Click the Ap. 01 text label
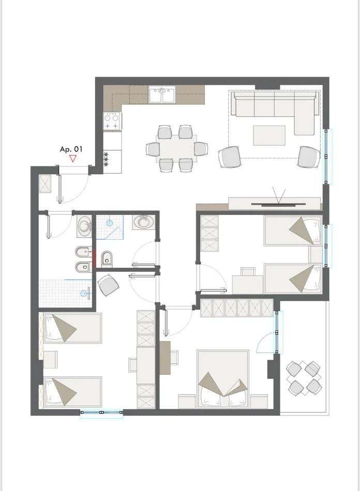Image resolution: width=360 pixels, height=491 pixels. (x=71, y=149)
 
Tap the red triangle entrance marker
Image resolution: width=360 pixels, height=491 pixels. (x=73, y=159)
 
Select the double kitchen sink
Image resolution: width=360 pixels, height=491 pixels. (x=162, y=96)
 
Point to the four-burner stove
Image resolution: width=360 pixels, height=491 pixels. (x=112, y=121)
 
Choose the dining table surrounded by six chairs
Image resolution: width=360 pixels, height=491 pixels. (x=175, y=149)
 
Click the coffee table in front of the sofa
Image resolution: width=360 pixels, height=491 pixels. (x=269, y=136)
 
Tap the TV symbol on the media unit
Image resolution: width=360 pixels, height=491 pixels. (x=279, y=200)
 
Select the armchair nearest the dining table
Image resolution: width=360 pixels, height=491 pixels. (x=230, y=157)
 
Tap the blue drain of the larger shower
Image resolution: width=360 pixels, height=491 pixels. (x=84, y=294)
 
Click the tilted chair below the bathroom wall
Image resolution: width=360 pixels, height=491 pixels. (x=108, y=285)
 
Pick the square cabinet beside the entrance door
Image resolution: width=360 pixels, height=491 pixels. (x=46, y=183)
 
